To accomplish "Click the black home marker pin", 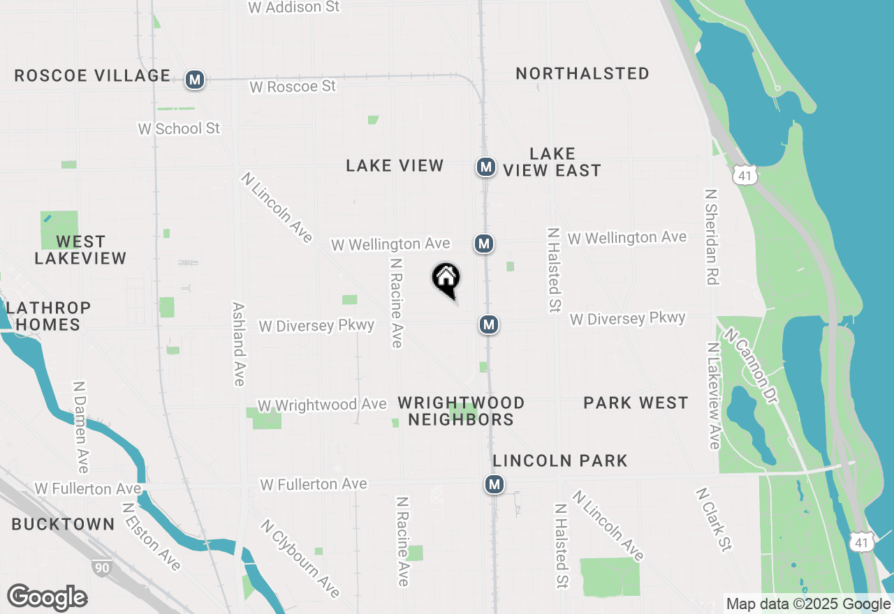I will click(x=446, y=279).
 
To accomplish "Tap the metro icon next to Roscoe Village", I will click(x=195, y=80).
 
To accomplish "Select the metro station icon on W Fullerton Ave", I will click(x=494, y=484).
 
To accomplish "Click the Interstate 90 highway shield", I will click(x=102, y=567).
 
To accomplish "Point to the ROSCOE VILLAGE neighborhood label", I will click(x=92, y=75).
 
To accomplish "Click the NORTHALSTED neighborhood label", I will click(x=582, y=73).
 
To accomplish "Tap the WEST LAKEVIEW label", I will click(x=80, y=250).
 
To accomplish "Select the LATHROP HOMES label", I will click(x=48, y=316).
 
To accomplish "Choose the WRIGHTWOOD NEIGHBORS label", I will click(x=461, y=411).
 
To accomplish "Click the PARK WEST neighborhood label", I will click(x=636, y=403).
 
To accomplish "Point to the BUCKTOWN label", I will click(x=63, y=524).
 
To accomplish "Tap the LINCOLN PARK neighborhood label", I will click(x=560, y=460).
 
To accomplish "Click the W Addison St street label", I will click(x=294, y=7).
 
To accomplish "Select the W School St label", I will click(x=179, y=128).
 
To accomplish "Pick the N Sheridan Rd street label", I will click(x=712, y=236).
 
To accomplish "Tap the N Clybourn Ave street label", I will click(x=300, y=558).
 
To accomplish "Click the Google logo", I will click(x=47, y=598).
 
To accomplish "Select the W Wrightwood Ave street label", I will click(x=322, y=405).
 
